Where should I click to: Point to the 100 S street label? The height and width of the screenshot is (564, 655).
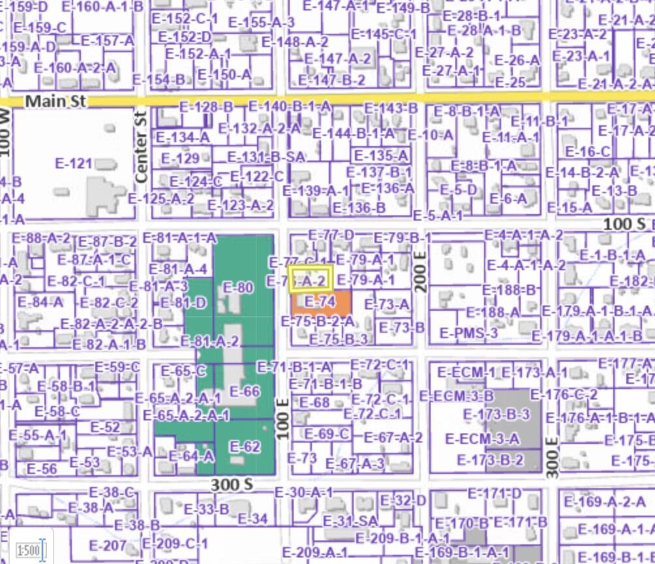(624, 223)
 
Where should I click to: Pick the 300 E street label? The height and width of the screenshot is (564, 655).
(552, 458)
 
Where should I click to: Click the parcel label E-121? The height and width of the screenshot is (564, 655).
(74, 163)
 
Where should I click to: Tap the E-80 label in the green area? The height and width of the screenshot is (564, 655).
(237, 287)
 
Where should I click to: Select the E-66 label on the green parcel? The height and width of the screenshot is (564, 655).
(245, 392)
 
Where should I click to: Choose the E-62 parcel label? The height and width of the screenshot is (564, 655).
(245, 447)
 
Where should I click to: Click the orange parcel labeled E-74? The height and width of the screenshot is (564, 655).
(320, 302)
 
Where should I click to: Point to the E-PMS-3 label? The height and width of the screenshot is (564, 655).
(468, 334)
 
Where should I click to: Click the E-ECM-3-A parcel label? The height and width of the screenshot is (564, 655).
(481, 438)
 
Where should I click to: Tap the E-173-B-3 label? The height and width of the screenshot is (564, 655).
(496, 415)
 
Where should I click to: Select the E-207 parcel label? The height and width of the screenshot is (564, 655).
(108, 546)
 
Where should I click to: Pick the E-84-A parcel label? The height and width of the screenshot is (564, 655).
(40, 302)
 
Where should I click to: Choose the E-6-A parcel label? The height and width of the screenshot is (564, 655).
(508, 198)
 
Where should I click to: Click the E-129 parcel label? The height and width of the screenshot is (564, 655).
(180, 159)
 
